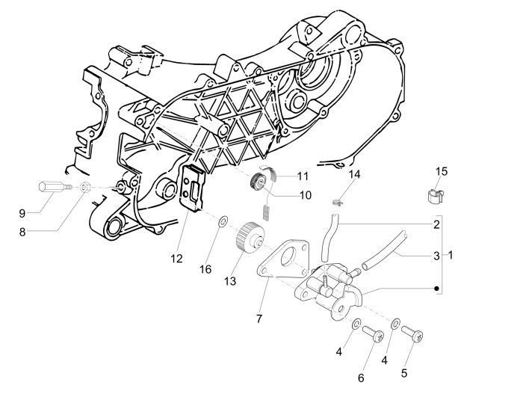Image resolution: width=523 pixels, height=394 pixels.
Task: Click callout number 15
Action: coord(442,172)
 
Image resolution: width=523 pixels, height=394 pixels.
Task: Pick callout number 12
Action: coord(176,259)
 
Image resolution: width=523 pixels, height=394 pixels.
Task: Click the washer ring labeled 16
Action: coord(223,222)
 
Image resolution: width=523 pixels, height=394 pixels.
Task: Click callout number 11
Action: coord(303,176)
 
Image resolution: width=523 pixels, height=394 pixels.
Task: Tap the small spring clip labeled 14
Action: coord(338,200)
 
